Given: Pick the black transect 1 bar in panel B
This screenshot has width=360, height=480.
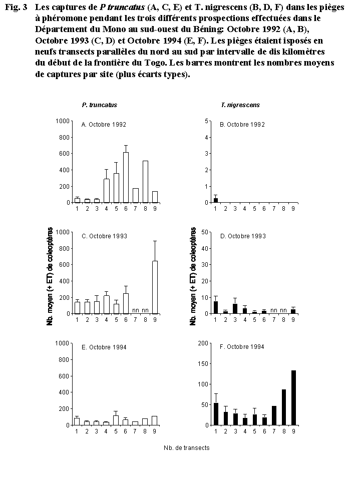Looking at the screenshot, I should (x=215, y=200).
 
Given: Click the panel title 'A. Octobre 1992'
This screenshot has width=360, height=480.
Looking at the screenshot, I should (x=104, y=125).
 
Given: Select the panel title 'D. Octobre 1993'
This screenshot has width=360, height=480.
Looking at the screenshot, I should (x=242, y=236).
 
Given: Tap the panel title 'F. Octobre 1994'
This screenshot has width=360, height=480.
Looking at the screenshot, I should (x=242, y=347).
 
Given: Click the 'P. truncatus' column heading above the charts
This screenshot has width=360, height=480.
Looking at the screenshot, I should (x=100, y=105).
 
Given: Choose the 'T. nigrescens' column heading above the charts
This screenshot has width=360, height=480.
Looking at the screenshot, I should (x=240, y=105).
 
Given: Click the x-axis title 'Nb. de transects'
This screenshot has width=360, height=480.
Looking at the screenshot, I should (x=186, y=447).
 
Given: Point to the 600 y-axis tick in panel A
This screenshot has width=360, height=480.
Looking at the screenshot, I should (x=64, y=154).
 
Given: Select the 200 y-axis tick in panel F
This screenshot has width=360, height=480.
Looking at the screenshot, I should (x=202, y=343).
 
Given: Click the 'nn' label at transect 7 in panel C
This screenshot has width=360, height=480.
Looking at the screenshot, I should (x=135, y=310).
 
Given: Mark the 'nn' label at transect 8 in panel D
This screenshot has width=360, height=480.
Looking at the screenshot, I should (x=283, y=310).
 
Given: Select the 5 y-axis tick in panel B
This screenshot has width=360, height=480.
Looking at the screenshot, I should (x=206, y=121).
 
